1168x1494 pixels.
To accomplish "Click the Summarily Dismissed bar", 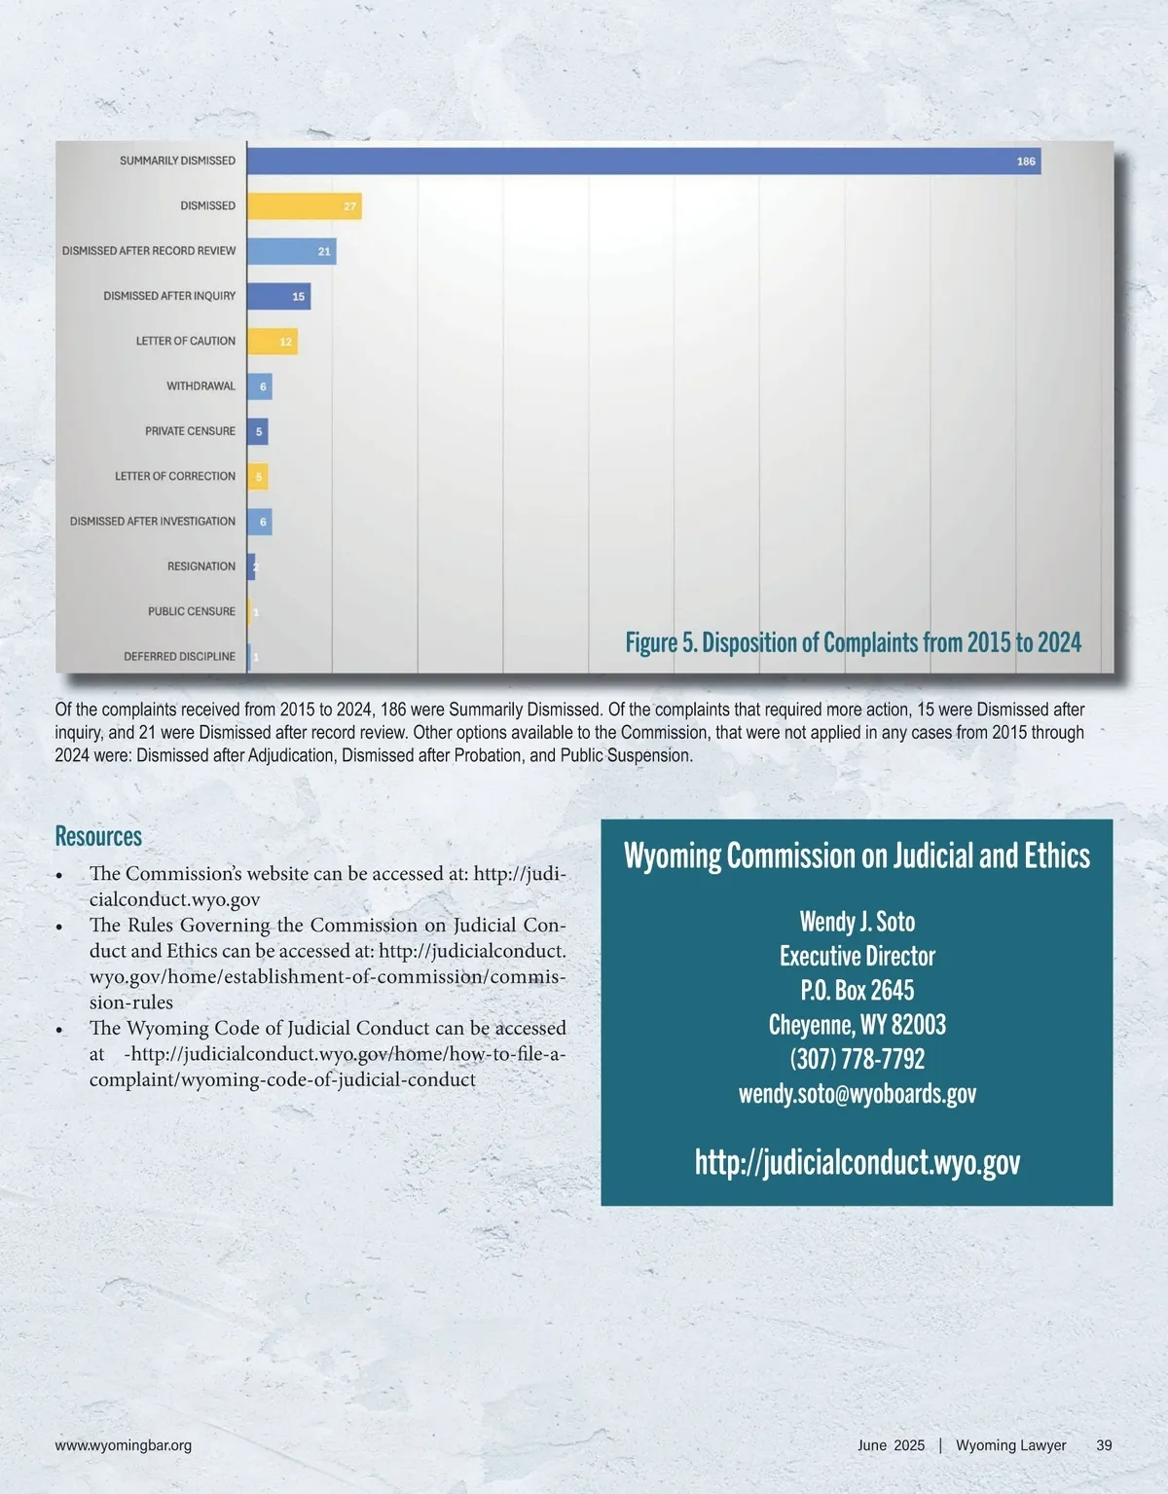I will [x=642, y=162].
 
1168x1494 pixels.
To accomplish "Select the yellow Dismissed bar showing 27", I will [x=304, y=206].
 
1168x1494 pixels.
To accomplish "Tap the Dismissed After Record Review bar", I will [x=291, y=251].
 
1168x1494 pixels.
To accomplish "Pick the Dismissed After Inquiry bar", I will [x=278, y=296].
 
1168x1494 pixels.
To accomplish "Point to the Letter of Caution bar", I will [x=272, y=342].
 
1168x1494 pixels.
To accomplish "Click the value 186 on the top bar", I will [x=1026, y=162].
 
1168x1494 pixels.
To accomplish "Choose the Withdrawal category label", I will [x=201, y=386].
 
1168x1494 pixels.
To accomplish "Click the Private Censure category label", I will [x=190, y=431].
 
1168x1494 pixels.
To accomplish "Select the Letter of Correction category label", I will [x=175, y=476].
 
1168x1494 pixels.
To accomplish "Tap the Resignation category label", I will [x=201, y=566].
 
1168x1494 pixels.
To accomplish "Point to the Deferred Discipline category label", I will [x=179, y=657].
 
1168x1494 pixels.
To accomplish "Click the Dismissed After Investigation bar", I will [x=259, y=522].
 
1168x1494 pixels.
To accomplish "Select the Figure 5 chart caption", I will [x=853, y=642].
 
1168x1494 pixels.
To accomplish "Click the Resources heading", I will [x=98, y=837].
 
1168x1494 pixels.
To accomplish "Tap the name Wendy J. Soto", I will [x=857, y=922].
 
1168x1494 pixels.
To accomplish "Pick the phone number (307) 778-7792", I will [x=857, y=1059].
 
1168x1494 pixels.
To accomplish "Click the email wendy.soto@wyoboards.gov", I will [x=857, y=1094].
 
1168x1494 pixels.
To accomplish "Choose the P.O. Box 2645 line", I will [x=857, y=991].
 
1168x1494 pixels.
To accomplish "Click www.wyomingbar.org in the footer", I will [x=124, y=1445].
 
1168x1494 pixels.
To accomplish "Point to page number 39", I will [x=1104, y=1445].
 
